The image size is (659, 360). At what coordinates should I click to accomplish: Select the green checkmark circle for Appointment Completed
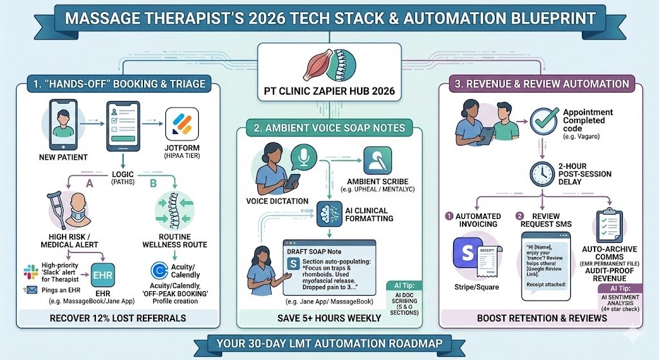[x=544, y=121]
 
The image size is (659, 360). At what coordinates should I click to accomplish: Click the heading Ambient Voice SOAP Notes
[x=330, y=128]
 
